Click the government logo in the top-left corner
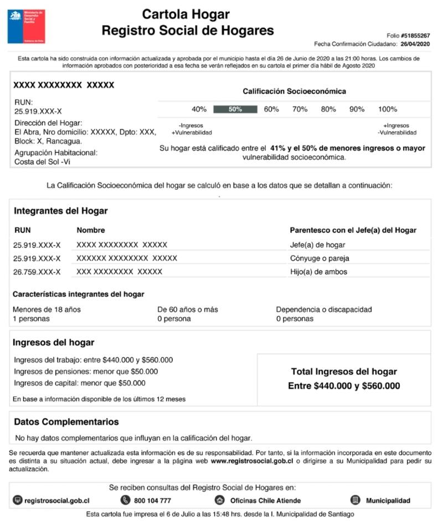(x=26, y=26)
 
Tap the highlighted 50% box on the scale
(x=235, y=110)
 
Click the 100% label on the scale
(x=387, y=110)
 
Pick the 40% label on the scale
(x=199, y=110)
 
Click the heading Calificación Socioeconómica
(x=294, y=91)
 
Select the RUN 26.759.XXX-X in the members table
(x=37, y=272)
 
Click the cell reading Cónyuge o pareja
(x=320, y=258)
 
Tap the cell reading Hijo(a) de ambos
(x=318, y=272)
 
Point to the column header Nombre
(x=91, y=230)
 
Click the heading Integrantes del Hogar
(x=61, y=211)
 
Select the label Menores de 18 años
(x=47, y=310)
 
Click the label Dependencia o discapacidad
(x=324, y=310)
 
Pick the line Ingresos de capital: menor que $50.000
(x=80, y=383)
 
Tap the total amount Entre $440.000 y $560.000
(x=344, y=386)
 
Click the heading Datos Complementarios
(x=66, y=422)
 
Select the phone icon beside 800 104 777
(x=125, y=501)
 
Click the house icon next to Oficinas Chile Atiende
(x=220, y=501)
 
